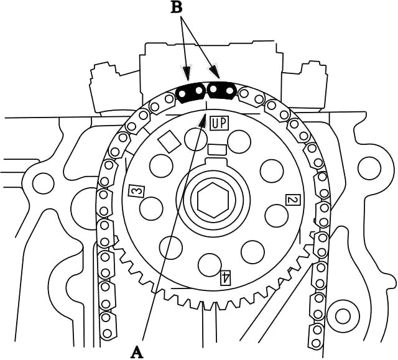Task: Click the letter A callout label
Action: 137,352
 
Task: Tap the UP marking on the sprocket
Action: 219,122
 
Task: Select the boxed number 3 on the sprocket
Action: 135,191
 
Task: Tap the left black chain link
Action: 191,92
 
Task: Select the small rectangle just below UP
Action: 216,149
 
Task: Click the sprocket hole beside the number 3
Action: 152,208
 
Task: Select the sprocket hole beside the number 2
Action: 277,215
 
